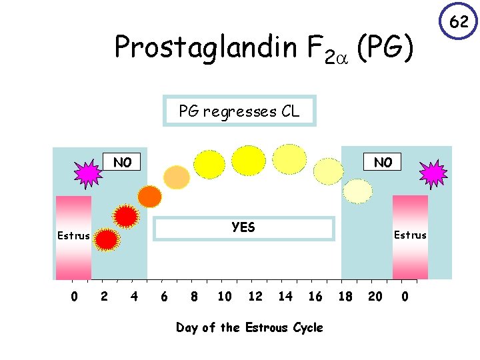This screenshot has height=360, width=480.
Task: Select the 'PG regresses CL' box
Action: click(239, 111)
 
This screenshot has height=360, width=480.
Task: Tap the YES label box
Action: click(243, 227)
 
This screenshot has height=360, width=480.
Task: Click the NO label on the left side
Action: click(122, 162)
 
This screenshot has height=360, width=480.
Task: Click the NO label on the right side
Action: click(383, 162)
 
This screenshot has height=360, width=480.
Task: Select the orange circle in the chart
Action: click(149, 196)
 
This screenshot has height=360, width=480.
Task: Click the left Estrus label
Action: click(73, 236)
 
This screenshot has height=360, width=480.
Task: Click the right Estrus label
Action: click(410, 235)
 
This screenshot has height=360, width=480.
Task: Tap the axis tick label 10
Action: click(225, 296)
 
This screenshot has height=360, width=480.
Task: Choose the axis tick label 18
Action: click(345, 296)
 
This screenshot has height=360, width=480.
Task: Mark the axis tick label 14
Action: click(285, 296)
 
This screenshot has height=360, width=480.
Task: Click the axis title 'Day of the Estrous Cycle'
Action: click(249, 327)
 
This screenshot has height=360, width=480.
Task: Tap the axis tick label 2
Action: click(103, 296)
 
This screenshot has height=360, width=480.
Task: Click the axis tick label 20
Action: click(375, 296)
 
